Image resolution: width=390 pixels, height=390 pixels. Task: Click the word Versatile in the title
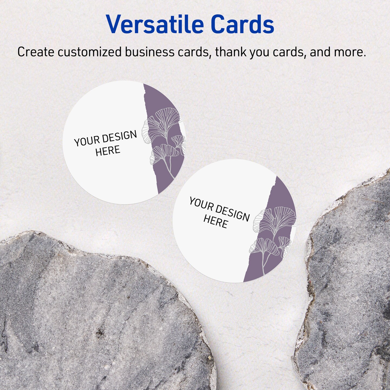[x=155, y=24]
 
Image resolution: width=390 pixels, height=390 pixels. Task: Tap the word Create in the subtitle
[x=36, y=52]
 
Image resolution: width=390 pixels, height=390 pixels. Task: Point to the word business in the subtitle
[x=149, y=52]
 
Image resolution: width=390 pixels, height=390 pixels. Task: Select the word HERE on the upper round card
[x=108, y=151]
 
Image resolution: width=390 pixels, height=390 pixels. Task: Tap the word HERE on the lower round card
[x=216, y=222]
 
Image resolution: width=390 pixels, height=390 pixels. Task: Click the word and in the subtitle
[x=320, y=52]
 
